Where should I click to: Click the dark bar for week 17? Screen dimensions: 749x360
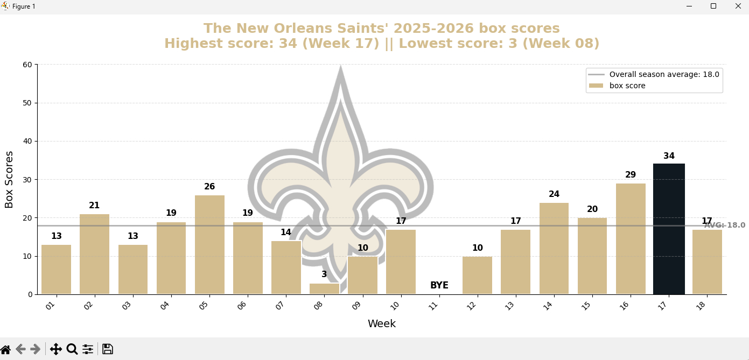(669, 229)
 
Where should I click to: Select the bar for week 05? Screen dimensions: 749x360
(209, 245)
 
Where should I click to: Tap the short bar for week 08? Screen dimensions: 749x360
(324, 289)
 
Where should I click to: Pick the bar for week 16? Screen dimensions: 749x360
(631, 239)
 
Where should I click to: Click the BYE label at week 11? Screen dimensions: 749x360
(439, 285)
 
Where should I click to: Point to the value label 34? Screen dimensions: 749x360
(669, 156)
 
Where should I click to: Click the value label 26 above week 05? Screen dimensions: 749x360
(209, 187)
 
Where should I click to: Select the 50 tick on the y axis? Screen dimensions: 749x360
(27, 103)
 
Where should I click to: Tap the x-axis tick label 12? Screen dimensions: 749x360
(471, 306)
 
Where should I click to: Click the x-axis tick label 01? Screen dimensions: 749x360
(50, 306)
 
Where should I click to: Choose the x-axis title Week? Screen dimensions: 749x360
(382, 323)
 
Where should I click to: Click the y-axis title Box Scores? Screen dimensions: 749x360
(9, 180)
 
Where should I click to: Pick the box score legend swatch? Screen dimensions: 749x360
(596, 86)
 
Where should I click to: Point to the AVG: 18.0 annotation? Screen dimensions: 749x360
(725, 225)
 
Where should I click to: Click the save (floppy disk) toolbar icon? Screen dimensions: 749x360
(107, 349)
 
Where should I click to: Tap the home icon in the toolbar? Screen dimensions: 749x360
(6, 349)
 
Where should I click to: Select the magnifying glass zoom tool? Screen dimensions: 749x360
(72, 349)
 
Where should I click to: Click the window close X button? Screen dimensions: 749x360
(738, 6)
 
